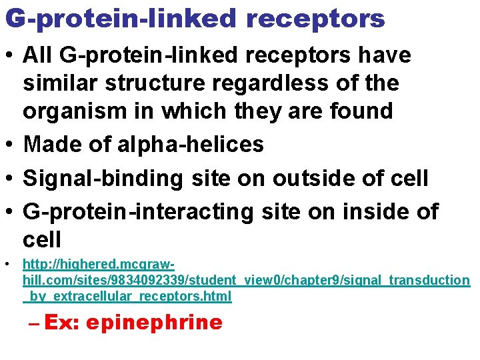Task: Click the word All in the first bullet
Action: [x=38, y=55]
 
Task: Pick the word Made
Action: [x=50, y=144]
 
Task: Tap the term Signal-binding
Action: [x=102, y=178]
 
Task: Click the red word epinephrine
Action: [x=154, y=323]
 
